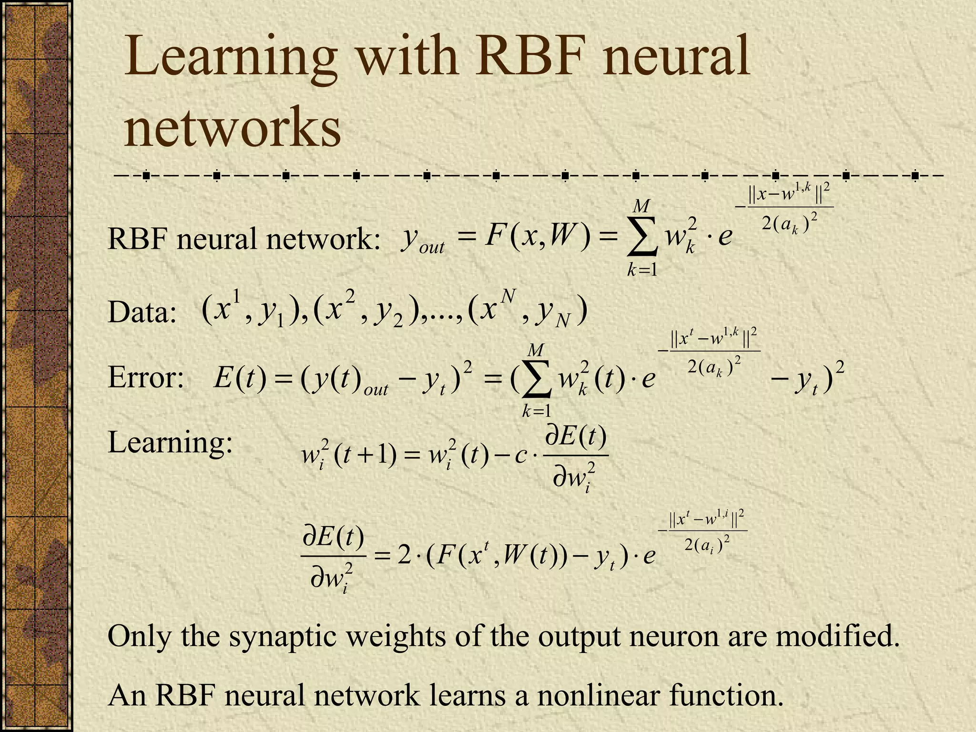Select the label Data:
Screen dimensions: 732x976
tap(142, 313)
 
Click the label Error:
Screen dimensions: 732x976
tap(146, 378)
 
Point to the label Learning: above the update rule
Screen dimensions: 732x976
tap(170, 442)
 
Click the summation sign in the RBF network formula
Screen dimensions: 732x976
tap(641, 237)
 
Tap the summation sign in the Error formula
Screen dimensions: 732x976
tap(536, 379)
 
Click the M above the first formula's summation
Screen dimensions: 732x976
tap(641, 206)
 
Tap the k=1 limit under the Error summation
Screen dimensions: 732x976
tap(536, 411)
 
